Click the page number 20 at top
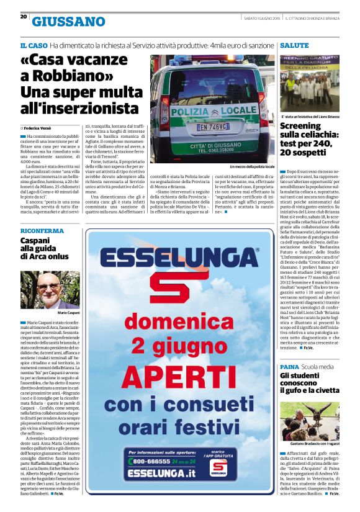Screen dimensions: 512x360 click(x=22, y=17)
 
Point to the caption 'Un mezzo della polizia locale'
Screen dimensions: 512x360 click(x=252, y=167)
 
